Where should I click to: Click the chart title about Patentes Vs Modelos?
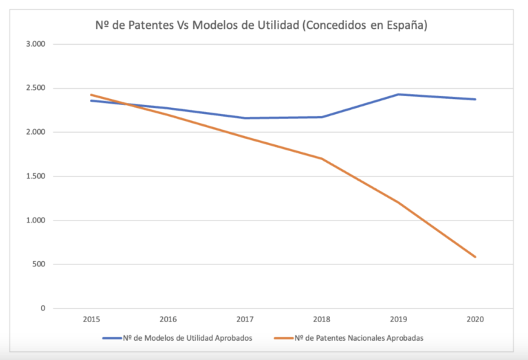coord(261,25)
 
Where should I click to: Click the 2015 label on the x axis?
coord(91,319)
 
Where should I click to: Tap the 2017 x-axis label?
coord(245,319)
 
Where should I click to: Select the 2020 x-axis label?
coord(475,319)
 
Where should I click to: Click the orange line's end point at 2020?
coord(475,257)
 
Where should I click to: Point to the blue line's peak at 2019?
coord(398,94)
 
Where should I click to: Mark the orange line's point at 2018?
coord(322,159)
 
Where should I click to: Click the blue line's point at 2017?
coord(245,118)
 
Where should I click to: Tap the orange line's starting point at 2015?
coord(91,95)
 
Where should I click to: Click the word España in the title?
coord(406,25)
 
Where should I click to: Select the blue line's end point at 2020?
coord(475,99)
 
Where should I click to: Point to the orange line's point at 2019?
coord(398,202)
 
